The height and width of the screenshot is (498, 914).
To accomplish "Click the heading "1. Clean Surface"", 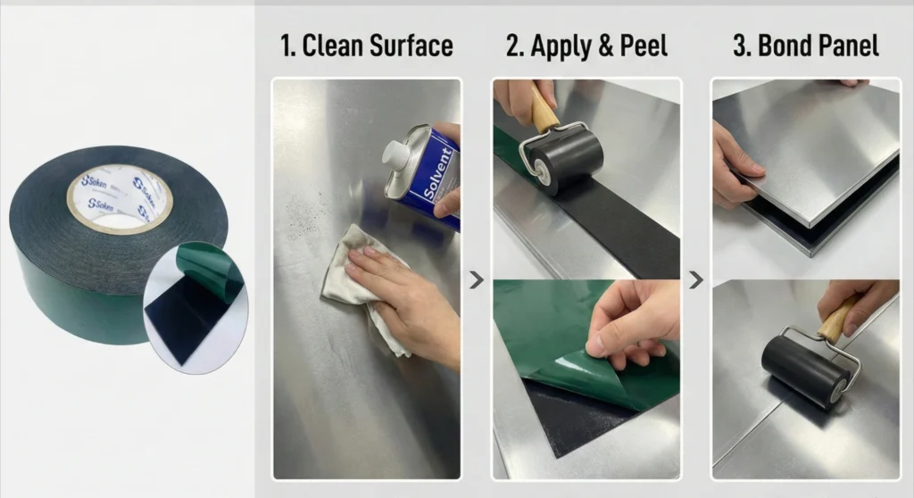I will point(367,46).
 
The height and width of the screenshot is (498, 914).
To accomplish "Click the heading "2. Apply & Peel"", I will point(586,46).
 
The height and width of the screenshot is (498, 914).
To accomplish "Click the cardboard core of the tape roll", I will point(119,198).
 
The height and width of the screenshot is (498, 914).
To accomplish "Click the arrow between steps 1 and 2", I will point(477,280).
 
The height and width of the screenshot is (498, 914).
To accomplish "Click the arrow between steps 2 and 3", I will point(696,280).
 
